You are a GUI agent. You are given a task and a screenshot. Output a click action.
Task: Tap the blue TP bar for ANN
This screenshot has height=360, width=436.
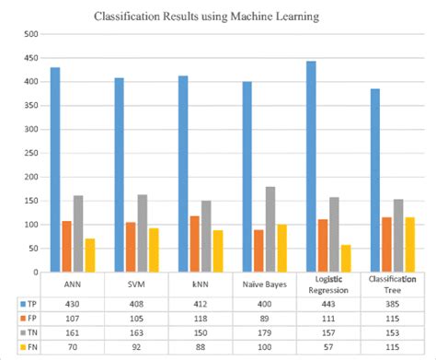pyautogui.click(x=54, y=170)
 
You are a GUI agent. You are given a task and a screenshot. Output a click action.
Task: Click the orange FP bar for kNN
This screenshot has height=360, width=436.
pyautogui.click(x=194, y=244)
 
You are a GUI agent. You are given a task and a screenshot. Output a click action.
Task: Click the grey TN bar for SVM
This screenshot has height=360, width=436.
pyautogui.click(x=143, y=233)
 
